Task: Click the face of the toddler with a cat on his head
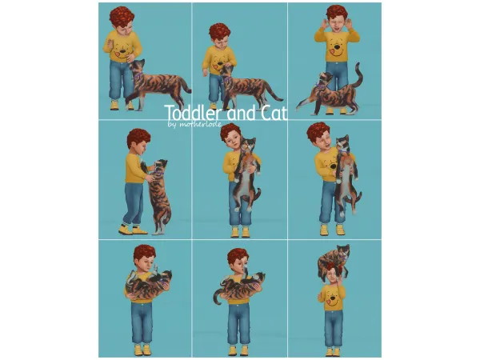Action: (x=330, y=278)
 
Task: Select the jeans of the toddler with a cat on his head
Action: (x=333, y=325)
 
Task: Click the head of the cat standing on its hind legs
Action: (x=158, y=167)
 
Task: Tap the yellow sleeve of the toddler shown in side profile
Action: (x=137, y=169)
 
